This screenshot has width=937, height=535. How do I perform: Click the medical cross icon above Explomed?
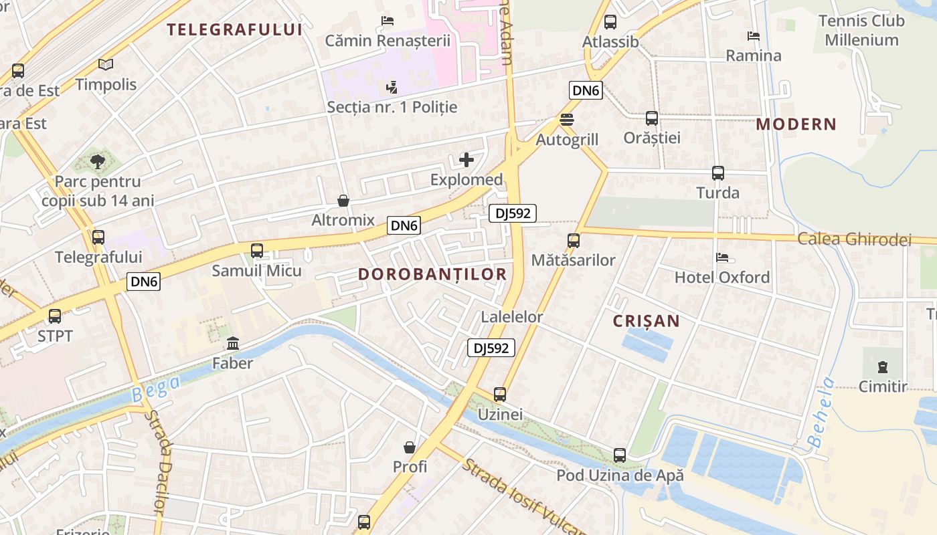(x=466, y=160)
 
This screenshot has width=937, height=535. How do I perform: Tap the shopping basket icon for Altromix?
(x=343, y=200)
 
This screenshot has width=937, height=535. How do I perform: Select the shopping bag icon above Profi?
(x=410, y=447)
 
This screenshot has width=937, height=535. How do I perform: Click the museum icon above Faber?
(x=233, y=344)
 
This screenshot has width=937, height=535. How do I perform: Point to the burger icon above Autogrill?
(x=567, y=120)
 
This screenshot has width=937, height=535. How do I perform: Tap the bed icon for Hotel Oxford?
(x=721, y=257)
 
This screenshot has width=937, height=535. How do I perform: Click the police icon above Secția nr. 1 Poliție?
(x=392, y=87)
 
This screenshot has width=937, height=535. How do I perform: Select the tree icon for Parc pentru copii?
(x=98, y=161)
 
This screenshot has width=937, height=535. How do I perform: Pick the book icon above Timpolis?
(x=106, y=64)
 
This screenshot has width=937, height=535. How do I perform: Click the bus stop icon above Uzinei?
(x=500, y=395)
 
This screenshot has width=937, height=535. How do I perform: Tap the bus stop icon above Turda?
(x=718, y=173)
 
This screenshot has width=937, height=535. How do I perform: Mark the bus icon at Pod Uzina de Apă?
(x=620, y=455)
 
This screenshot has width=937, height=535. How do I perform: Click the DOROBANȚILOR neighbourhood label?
(x=432, y=274)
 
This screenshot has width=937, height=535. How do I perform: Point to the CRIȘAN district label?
(x=647, y=321)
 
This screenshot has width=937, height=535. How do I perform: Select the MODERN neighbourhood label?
(x=796, y=124)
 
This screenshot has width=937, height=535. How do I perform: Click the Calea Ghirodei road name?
(x=854, y=239)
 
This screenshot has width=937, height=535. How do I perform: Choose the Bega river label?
(x=155, y=389)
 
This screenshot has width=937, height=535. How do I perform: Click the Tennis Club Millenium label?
(x=861, y=30)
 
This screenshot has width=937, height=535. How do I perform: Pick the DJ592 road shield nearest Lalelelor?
(x=491, y=348)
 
